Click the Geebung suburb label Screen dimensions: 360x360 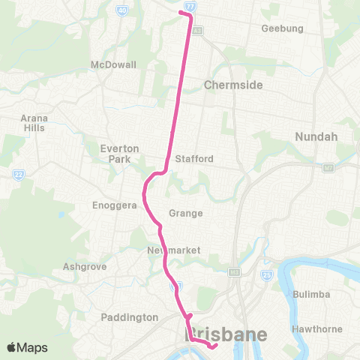coord(282,28)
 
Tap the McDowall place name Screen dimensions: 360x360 coord(112,64)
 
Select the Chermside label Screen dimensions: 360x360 coord(233,85)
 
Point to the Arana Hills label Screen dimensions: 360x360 coord(33,123)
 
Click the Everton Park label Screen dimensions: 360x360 coord(120,154)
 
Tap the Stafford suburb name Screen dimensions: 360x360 coord(194,159)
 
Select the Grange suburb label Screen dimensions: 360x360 coord(186,213)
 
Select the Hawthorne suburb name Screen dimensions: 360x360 coord(314,328)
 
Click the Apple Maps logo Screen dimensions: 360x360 coord(27,347)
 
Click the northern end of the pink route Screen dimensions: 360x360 coord(180,12)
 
